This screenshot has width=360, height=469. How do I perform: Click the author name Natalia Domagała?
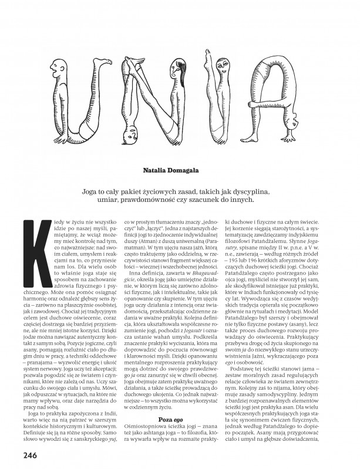[180, 170]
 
